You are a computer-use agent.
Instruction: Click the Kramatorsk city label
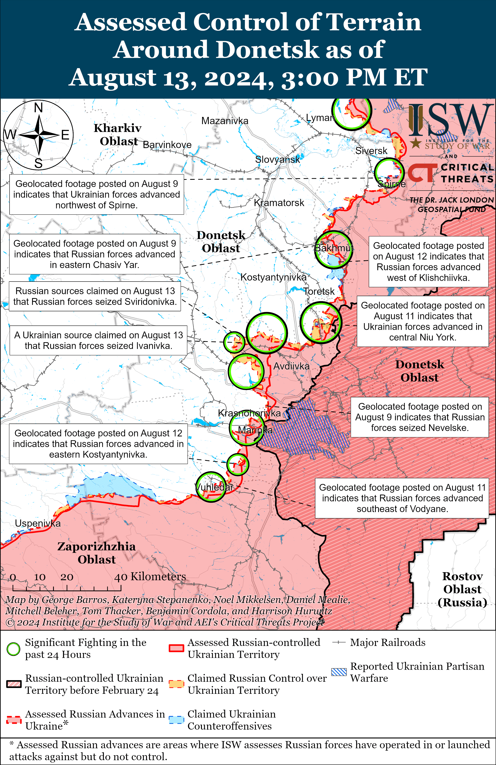pos(279,203)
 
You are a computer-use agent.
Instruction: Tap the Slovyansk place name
pos(277,159)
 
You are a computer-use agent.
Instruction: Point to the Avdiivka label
pos(291,366)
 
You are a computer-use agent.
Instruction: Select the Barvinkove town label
pos(167,145)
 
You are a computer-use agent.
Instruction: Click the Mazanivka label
pos(225,121)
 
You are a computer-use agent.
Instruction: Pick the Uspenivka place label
pos(38,523)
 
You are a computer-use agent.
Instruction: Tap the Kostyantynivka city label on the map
pos(273,277)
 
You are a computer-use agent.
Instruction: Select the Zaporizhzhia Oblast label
pos(96,553)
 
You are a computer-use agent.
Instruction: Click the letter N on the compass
pos(39,108)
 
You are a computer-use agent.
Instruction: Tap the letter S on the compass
pos(39,163)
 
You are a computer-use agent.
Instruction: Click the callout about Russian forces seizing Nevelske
pos(420,417)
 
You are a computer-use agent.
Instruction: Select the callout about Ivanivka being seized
pos(98,340)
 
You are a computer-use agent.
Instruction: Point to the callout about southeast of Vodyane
pos(402,498)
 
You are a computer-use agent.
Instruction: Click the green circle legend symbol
pos(13,649)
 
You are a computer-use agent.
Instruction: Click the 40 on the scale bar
pos(121,577)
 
